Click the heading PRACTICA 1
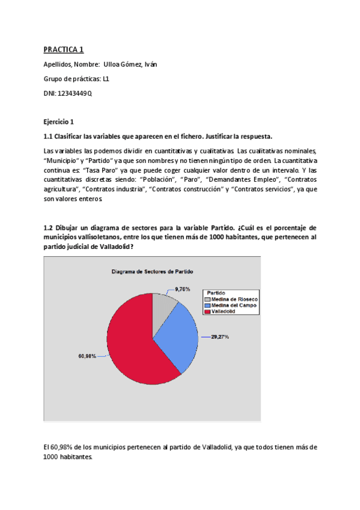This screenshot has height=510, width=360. tap(67, 49)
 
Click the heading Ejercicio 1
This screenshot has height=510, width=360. tap(59, 121)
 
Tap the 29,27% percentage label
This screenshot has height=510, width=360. tap(219, 337)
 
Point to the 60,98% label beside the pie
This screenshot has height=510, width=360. tap(87, 356)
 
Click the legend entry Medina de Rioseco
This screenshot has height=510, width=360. tap(234, 299)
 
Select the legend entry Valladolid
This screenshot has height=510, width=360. tap(225, 312)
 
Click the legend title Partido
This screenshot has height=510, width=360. tap(216, 293)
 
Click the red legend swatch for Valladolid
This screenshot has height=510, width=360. tap(207, 312)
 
